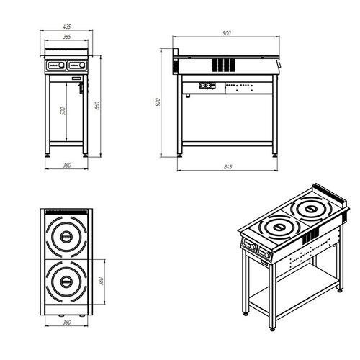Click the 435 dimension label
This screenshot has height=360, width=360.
67,27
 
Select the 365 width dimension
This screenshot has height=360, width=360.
67,37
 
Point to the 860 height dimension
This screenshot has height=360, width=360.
97,106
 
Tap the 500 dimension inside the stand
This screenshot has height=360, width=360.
63,111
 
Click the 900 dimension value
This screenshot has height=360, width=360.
227,33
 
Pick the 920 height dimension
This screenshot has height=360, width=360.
158,102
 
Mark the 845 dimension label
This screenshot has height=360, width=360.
228,167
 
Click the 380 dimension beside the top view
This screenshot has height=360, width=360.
101,281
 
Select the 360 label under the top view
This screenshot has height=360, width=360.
67,322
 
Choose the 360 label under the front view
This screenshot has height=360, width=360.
67,166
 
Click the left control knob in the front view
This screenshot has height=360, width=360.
61,65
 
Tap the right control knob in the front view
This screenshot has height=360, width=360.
82,65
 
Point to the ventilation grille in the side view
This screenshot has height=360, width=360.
223,65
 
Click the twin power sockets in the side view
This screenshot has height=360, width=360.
207,85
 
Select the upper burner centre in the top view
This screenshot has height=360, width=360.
66,237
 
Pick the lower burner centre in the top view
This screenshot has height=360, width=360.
66,282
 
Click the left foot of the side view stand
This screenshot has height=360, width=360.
179,156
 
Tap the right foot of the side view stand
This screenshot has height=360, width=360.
275,156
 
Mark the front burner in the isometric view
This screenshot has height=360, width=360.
279,227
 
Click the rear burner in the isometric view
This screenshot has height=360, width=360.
311,209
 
